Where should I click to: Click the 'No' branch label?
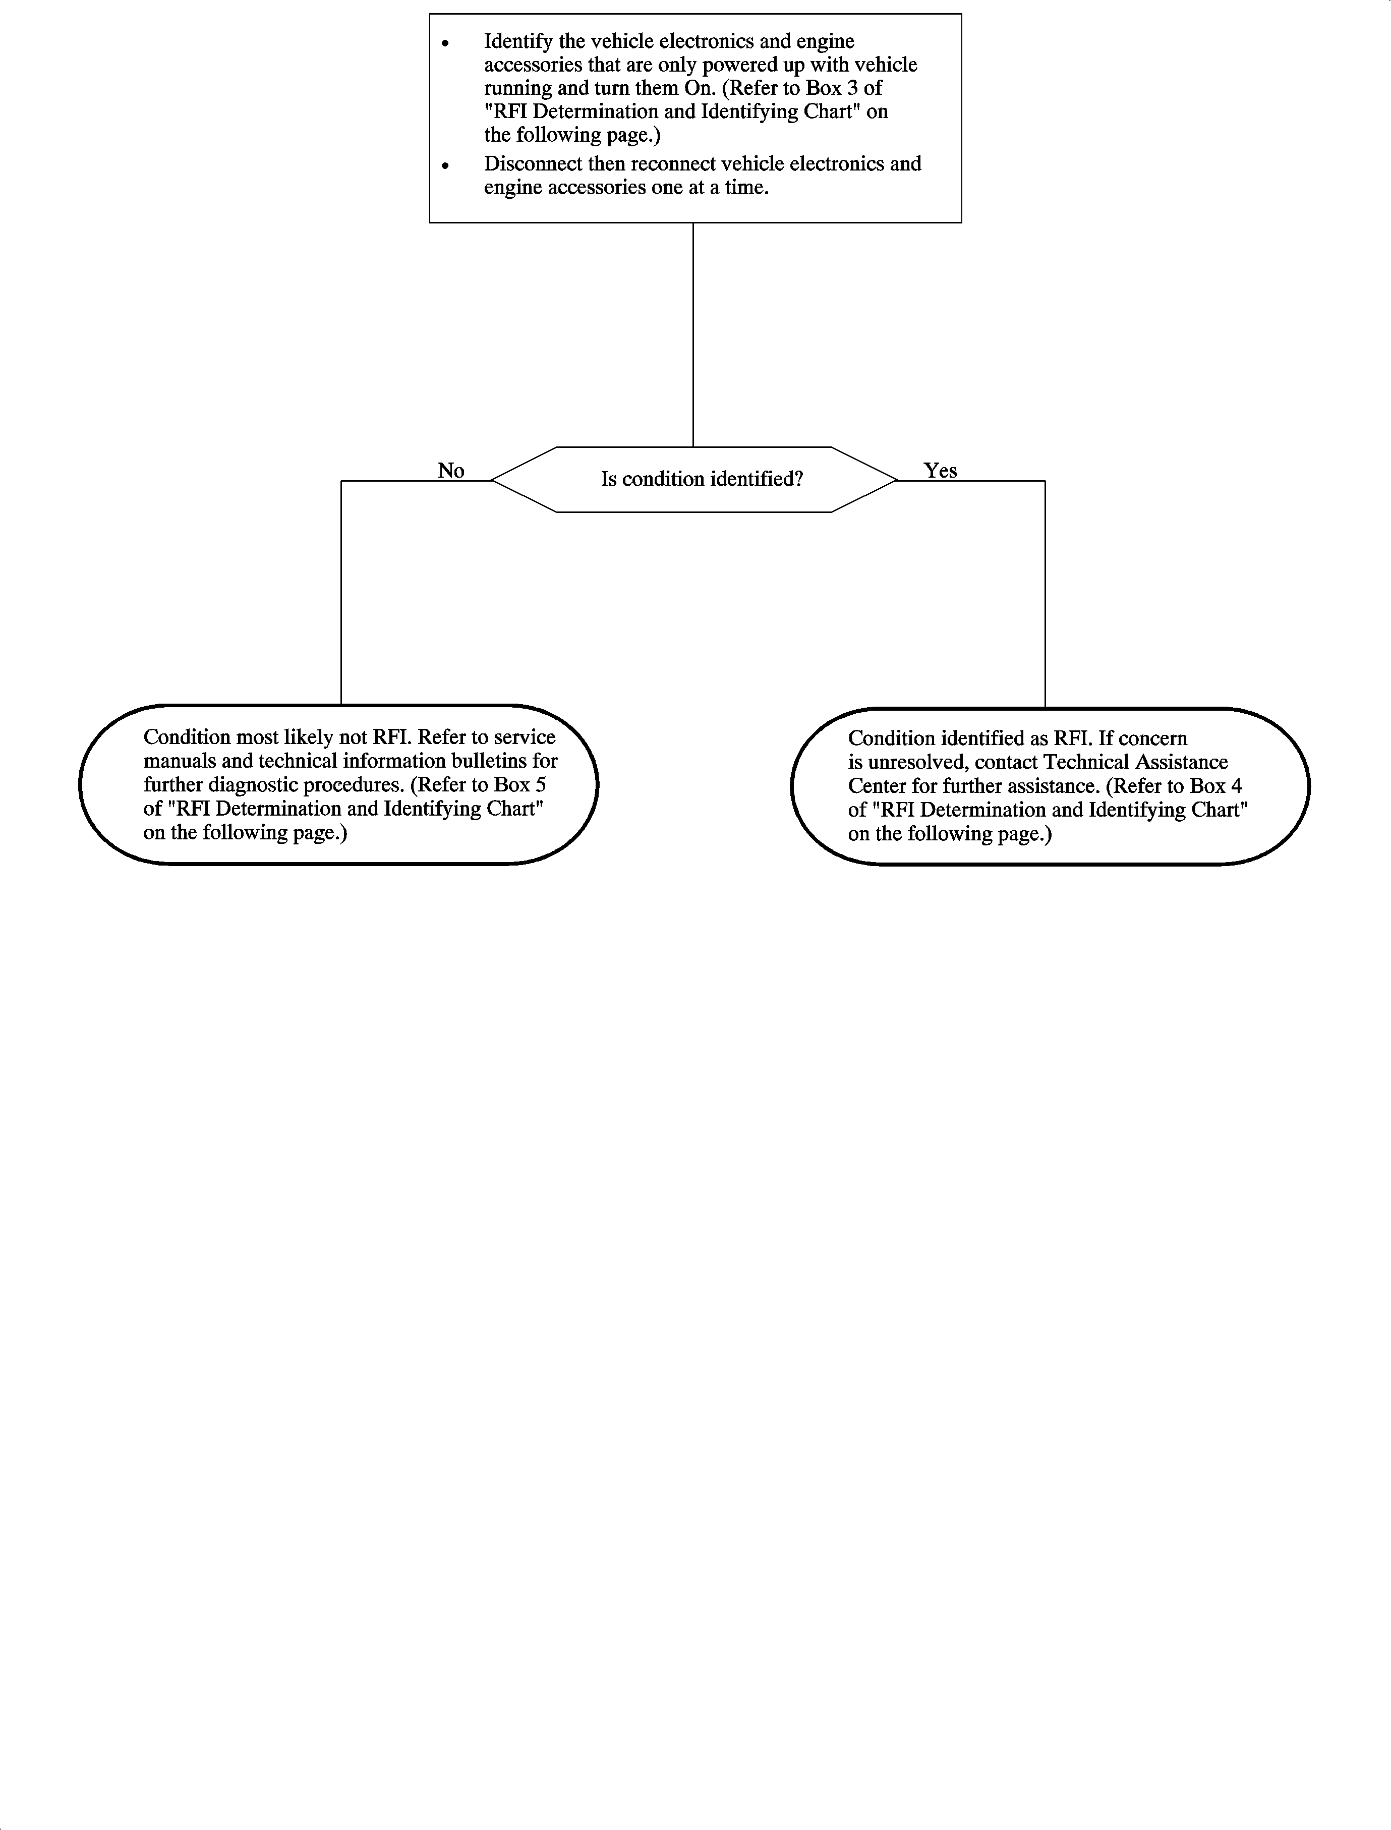click(x=450, y=470)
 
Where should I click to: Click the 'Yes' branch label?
click(x=940, y=470)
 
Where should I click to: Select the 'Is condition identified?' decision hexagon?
click(x=694, y=480)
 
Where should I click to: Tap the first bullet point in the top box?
click(x=445, y=42)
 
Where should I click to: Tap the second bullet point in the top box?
click(x=445, y=165)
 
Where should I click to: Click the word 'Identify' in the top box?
click(x=517, y=41)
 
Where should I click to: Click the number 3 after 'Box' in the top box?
click(x=852, y=88)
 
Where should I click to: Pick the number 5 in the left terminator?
click(x=540, y=784)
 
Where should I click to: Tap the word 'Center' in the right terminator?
click(x=877, y=786)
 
